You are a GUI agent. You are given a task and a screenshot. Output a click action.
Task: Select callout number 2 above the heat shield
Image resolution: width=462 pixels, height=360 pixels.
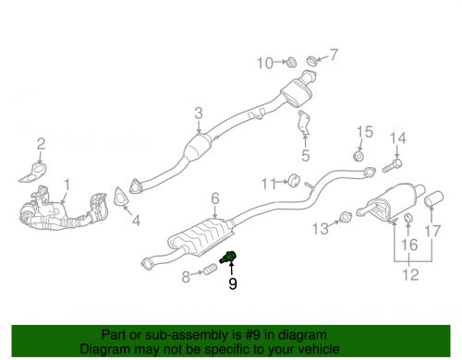click(41, 143)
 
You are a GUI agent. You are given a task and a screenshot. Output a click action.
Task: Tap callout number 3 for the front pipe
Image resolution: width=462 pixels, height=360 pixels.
click(198, 114)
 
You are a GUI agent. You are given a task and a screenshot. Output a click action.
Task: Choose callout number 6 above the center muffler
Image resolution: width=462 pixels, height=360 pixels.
click(214, 198)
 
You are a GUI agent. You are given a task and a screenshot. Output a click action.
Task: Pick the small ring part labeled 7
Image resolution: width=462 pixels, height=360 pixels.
click(312, 62)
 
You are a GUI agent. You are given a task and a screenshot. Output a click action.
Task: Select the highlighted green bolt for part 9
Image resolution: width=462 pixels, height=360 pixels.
click(230, 258)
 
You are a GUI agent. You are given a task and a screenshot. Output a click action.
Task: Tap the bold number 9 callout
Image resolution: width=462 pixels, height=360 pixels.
click(232, 285)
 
